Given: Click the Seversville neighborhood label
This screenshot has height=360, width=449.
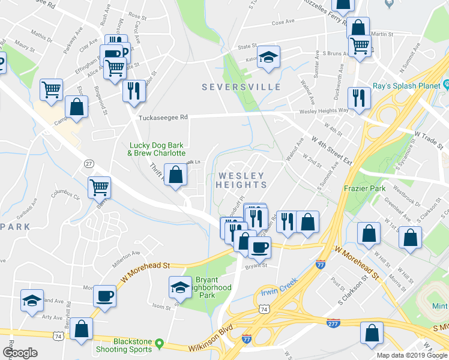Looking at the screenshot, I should (241, 87).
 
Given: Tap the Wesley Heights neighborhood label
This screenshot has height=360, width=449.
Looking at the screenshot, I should (241, 180).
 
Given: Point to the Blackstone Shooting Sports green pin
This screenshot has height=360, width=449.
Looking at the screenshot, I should (159, 343).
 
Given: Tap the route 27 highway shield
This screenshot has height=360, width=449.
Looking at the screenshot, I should (89, 163).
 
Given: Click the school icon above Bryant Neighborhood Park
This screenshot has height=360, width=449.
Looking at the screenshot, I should (180, 287).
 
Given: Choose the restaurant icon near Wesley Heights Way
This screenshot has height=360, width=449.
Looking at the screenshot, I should (358, 97).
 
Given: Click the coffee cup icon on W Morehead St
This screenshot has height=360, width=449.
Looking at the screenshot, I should (259, 247).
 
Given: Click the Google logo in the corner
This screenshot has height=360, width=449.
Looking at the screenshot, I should (19, 353).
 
